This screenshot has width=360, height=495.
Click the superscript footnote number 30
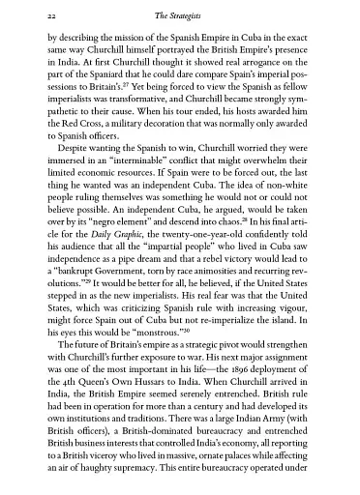click(x=180, y=351)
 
